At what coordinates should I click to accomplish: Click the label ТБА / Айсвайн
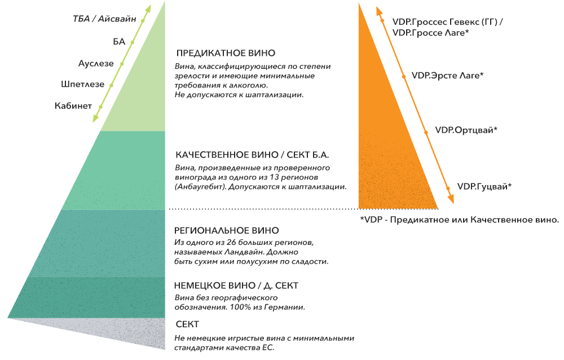coord(105,19)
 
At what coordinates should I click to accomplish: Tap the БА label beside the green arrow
coord(119,42)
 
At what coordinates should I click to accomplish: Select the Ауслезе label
coord(96,63)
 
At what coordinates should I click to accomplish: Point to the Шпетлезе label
coord(83,84)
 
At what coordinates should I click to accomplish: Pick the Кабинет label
coord(73,106)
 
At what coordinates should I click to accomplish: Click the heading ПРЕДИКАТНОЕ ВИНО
coord(226,53)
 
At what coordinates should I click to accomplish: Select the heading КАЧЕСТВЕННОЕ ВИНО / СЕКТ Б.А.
coord(252,155)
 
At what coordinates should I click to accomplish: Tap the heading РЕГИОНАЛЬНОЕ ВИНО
coord(227,230)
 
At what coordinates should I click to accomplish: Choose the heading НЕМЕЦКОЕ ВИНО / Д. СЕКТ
coord(236,286)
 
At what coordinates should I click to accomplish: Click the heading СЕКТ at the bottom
coord(187,324)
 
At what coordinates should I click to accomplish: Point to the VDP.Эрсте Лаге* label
coord(447,76)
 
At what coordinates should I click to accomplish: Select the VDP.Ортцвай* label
coord(466,130)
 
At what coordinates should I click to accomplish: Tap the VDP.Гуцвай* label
coord(484,186)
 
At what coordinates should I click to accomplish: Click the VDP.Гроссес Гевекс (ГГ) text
coord(445,22)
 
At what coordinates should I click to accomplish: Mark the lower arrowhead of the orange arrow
coord(451,199)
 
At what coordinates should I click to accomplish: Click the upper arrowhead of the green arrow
coord(147,10)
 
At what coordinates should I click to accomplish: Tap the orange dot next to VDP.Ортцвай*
coord(426,133)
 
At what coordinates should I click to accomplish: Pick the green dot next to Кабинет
coord(101,107)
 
